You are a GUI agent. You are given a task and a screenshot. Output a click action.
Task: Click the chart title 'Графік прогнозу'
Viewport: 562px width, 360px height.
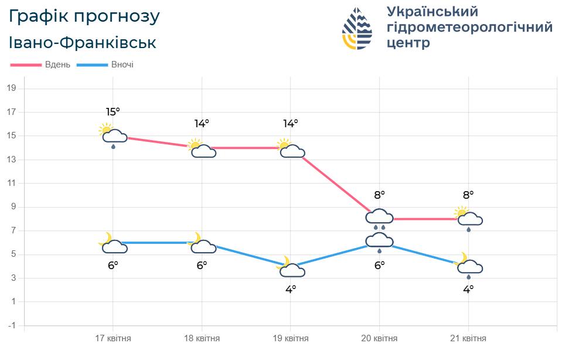(x=84, y=17)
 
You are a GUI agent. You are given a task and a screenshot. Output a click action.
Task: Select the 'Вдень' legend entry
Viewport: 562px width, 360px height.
(x=41, y=64)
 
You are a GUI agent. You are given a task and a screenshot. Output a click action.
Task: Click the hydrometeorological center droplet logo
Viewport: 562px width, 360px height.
(x=357, y=28)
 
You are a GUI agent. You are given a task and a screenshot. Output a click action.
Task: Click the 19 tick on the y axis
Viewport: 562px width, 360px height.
(x=11, y=89)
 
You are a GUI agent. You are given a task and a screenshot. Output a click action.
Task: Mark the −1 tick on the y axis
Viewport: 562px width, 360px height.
(x=11, y=325)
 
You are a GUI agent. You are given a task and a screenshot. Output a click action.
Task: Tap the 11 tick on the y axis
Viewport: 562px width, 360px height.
(x=11, y=184)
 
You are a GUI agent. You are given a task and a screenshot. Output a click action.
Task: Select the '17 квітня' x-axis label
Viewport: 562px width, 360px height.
(x=113, y=339)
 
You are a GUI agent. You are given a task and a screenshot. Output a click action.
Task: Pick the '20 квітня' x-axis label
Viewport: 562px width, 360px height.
(x=379, y=339)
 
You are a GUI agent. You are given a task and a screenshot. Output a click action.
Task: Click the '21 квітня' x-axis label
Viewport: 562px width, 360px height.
(x=468, y=339)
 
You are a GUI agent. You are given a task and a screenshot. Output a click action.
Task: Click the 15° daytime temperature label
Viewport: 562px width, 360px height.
(x=113, y=112)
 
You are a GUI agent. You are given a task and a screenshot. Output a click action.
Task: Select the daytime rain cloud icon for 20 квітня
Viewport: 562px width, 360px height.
(x=379, y=219)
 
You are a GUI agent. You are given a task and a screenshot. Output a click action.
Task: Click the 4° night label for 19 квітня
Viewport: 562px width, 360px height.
(x=291, y=288)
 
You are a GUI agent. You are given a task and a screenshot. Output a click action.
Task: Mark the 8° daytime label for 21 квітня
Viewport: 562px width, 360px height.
(x=468, y=195)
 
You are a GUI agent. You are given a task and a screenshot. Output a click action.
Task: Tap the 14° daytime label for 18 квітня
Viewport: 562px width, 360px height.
(x=202, y=124)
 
